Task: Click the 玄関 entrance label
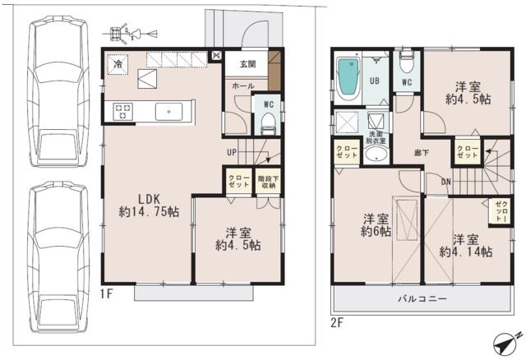click(x=247, y=63)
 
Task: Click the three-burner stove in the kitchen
click(x=123, y=110)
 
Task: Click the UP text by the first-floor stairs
click(x=233, y=151)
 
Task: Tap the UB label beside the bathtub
click(x=374, y=81)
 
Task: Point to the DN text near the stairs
click(x=445, y=182)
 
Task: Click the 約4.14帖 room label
click(x=464, y=246)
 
